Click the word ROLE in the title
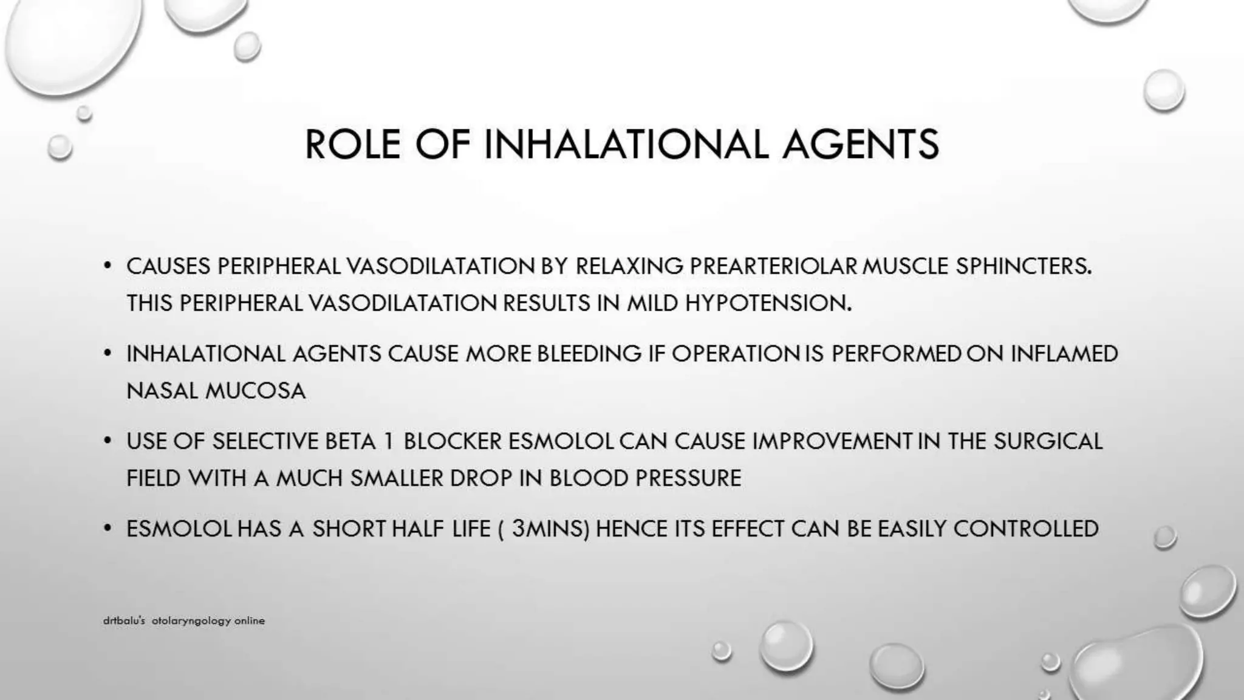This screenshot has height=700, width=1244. point(352,145)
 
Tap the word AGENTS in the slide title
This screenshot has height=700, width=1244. point(860,145)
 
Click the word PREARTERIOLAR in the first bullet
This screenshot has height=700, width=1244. point(773,266)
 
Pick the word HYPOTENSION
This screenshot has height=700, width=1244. point(768,303)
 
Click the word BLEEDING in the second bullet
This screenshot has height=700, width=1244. point(589,354)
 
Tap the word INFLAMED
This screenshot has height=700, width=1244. point(1064,354)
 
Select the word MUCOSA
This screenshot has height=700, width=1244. point(256,391)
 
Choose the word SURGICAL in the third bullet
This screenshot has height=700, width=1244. point(1048,441)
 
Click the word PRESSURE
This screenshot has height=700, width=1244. point(688,478)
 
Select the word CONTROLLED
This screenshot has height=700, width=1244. point(1026,529)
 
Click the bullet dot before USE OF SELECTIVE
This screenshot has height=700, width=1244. point(108,440)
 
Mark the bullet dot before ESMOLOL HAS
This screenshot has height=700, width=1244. point(108,527)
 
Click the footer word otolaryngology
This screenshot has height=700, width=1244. point(191,621)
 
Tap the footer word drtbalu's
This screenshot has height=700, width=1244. point(124,621)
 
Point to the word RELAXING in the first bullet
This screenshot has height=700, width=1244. point(629,266)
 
